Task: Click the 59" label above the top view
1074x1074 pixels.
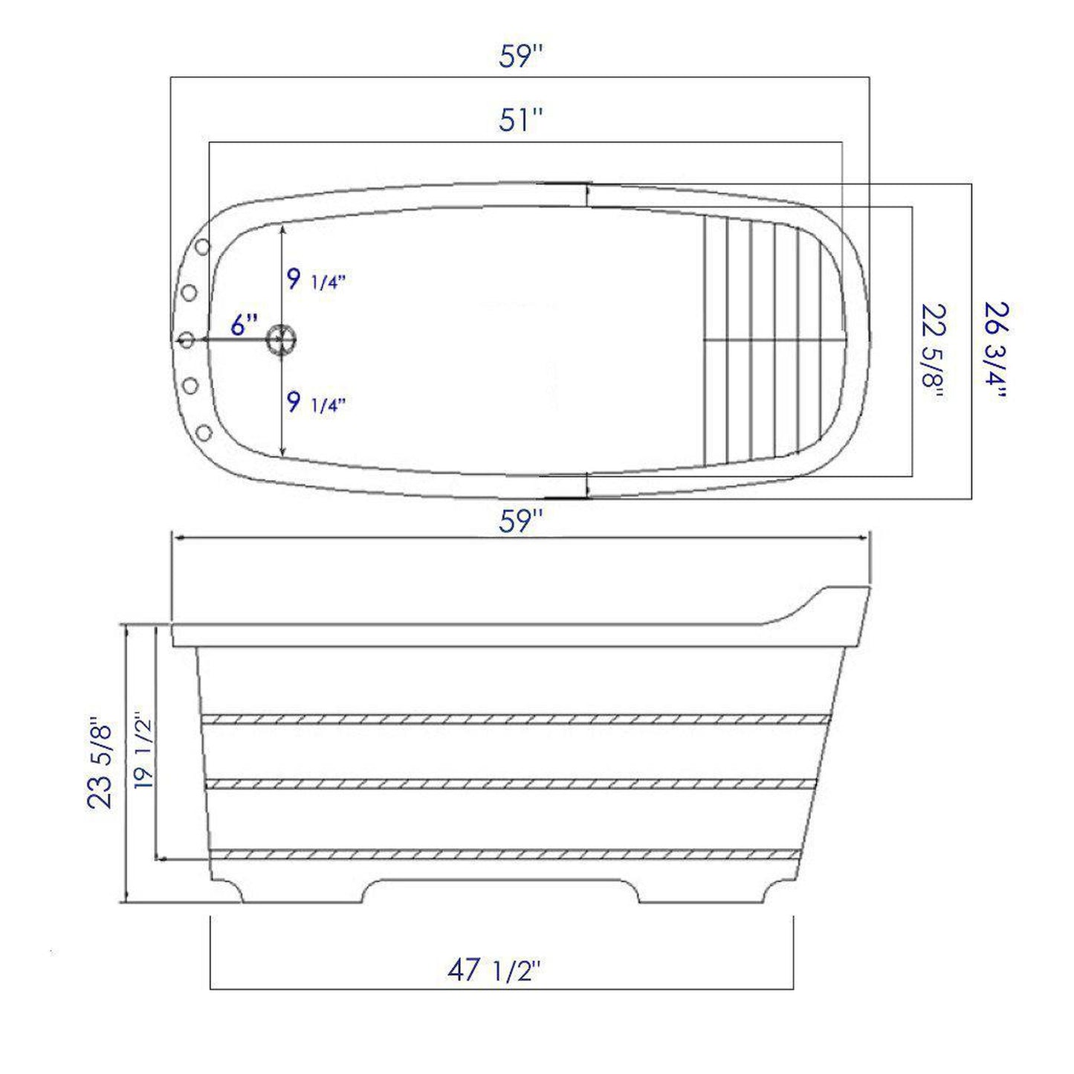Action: [x=517, y=56]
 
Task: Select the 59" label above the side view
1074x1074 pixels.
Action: [x=517, y=522]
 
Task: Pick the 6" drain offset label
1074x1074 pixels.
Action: [x=244, y=325]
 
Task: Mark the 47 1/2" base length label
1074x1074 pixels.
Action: [x=494, y=970]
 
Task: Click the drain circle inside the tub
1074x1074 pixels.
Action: [x=282, y=339]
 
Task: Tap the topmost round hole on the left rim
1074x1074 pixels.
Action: [x=202, y=246]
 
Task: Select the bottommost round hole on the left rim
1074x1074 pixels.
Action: [x=204, y=433]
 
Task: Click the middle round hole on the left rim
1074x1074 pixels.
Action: [x=187, y=340]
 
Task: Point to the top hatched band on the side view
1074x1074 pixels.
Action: [x=516, y=719]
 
